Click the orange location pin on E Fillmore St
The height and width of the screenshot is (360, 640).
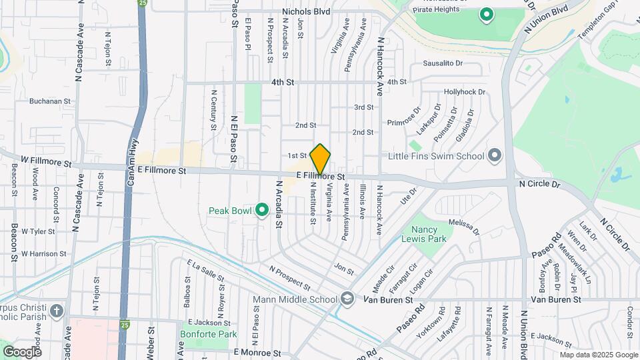pyautogui.click(x=321, y=159)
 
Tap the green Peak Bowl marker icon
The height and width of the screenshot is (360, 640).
pyautogui.click(x=262, y=211)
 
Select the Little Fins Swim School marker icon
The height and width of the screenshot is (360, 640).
pyautogui.click(x=494, y=156)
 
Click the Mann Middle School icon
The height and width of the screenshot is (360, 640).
pyautogui.click(x=347, y=299)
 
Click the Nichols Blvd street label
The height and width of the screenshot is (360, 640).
pyautogui.click(x=306, y=11)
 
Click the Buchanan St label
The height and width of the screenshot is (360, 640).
pyautogui.click(x=50, y=101)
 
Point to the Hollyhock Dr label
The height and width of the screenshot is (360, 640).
pyautogui.click(x=466, y=92)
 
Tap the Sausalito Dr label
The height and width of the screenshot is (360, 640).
pyautogui.click(x=443, y=63)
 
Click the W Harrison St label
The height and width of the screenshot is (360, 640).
pyautogui.click(x=43, y=253)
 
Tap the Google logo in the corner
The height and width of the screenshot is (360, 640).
pyautogui.click(x=22, y=351)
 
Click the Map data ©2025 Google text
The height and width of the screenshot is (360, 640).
pyautogui.click(x=598, y=355)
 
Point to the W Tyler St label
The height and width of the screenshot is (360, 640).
pyautogui.click(x=37, y=231)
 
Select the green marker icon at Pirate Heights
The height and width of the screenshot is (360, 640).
pyautogui.click(x=487, y=15)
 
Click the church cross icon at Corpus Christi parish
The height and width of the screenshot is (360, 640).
pyautogui.click(x=57, y=311)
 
